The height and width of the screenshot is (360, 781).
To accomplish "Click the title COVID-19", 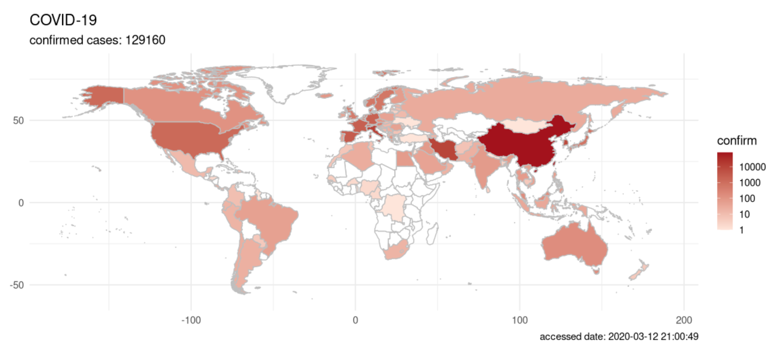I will tap(63, 20).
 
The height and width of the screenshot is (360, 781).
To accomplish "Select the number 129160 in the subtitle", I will tap(145, 40).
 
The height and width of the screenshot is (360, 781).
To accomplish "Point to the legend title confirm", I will tap(736, 141).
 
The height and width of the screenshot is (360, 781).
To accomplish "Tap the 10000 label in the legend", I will tap(752, 167).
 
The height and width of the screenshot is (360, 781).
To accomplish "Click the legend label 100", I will tap(747, 199).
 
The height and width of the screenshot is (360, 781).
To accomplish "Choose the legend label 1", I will tap(741, 230).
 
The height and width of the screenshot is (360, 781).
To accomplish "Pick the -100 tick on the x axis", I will tap(191, 320).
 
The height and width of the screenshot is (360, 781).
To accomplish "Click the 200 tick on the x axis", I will tap(684, 320).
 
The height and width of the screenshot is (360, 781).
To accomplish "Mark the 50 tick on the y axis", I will tap(18, 120).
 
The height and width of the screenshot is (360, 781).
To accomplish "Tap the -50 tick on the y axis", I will tap(16, 285).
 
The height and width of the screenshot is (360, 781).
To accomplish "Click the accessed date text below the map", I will tap(618, 337).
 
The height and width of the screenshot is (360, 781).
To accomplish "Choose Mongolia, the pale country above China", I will tap(525, 125).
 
